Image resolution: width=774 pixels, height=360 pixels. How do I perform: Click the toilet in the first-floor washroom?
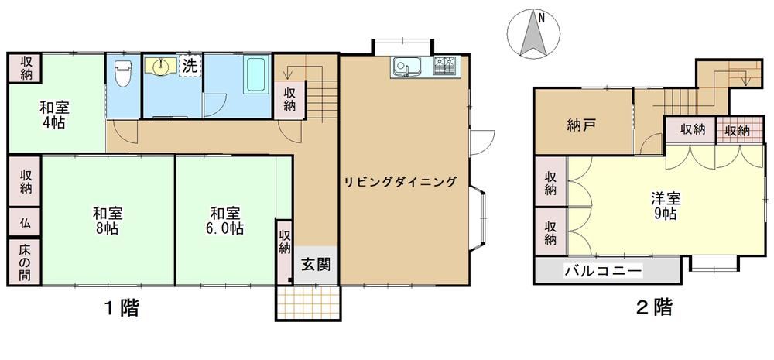coord(122,73)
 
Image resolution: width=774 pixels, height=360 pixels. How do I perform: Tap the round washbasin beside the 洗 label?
coord(161,67)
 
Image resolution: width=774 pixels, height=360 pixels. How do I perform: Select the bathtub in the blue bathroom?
coord(257,74)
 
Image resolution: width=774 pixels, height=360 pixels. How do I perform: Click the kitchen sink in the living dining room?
coord(406,66)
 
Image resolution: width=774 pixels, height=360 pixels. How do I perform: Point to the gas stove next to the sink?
coord(445,65)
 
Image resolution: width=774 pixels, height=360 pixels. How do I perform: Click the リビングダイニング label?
coord(400,182)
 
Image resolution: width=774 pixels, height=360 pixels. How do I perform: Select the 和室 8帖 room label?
coord(108,221)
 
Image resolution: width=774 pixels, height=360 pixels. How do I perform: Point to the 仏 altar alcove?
coord(24,223)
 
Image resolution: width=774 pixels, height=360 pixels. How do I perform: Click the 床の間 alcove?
coord(24,262)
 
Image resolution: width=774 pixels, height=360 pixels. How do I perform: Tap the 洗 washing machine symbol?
coord(190,67)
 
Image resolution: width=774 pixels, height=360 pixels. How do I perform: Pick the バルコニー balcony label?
coord(604,271)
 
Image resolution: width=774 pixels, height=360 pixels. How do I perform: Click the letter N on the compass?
coord(542,19)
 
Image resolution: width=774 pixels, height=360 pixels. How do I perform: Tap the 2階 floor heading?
coord(655,308)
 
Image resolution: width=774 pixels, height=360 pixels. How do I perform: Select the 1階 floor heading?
coord(121,309)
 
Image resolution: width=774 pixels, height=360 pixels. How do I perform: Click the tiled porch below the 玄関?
coord(308,303)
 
